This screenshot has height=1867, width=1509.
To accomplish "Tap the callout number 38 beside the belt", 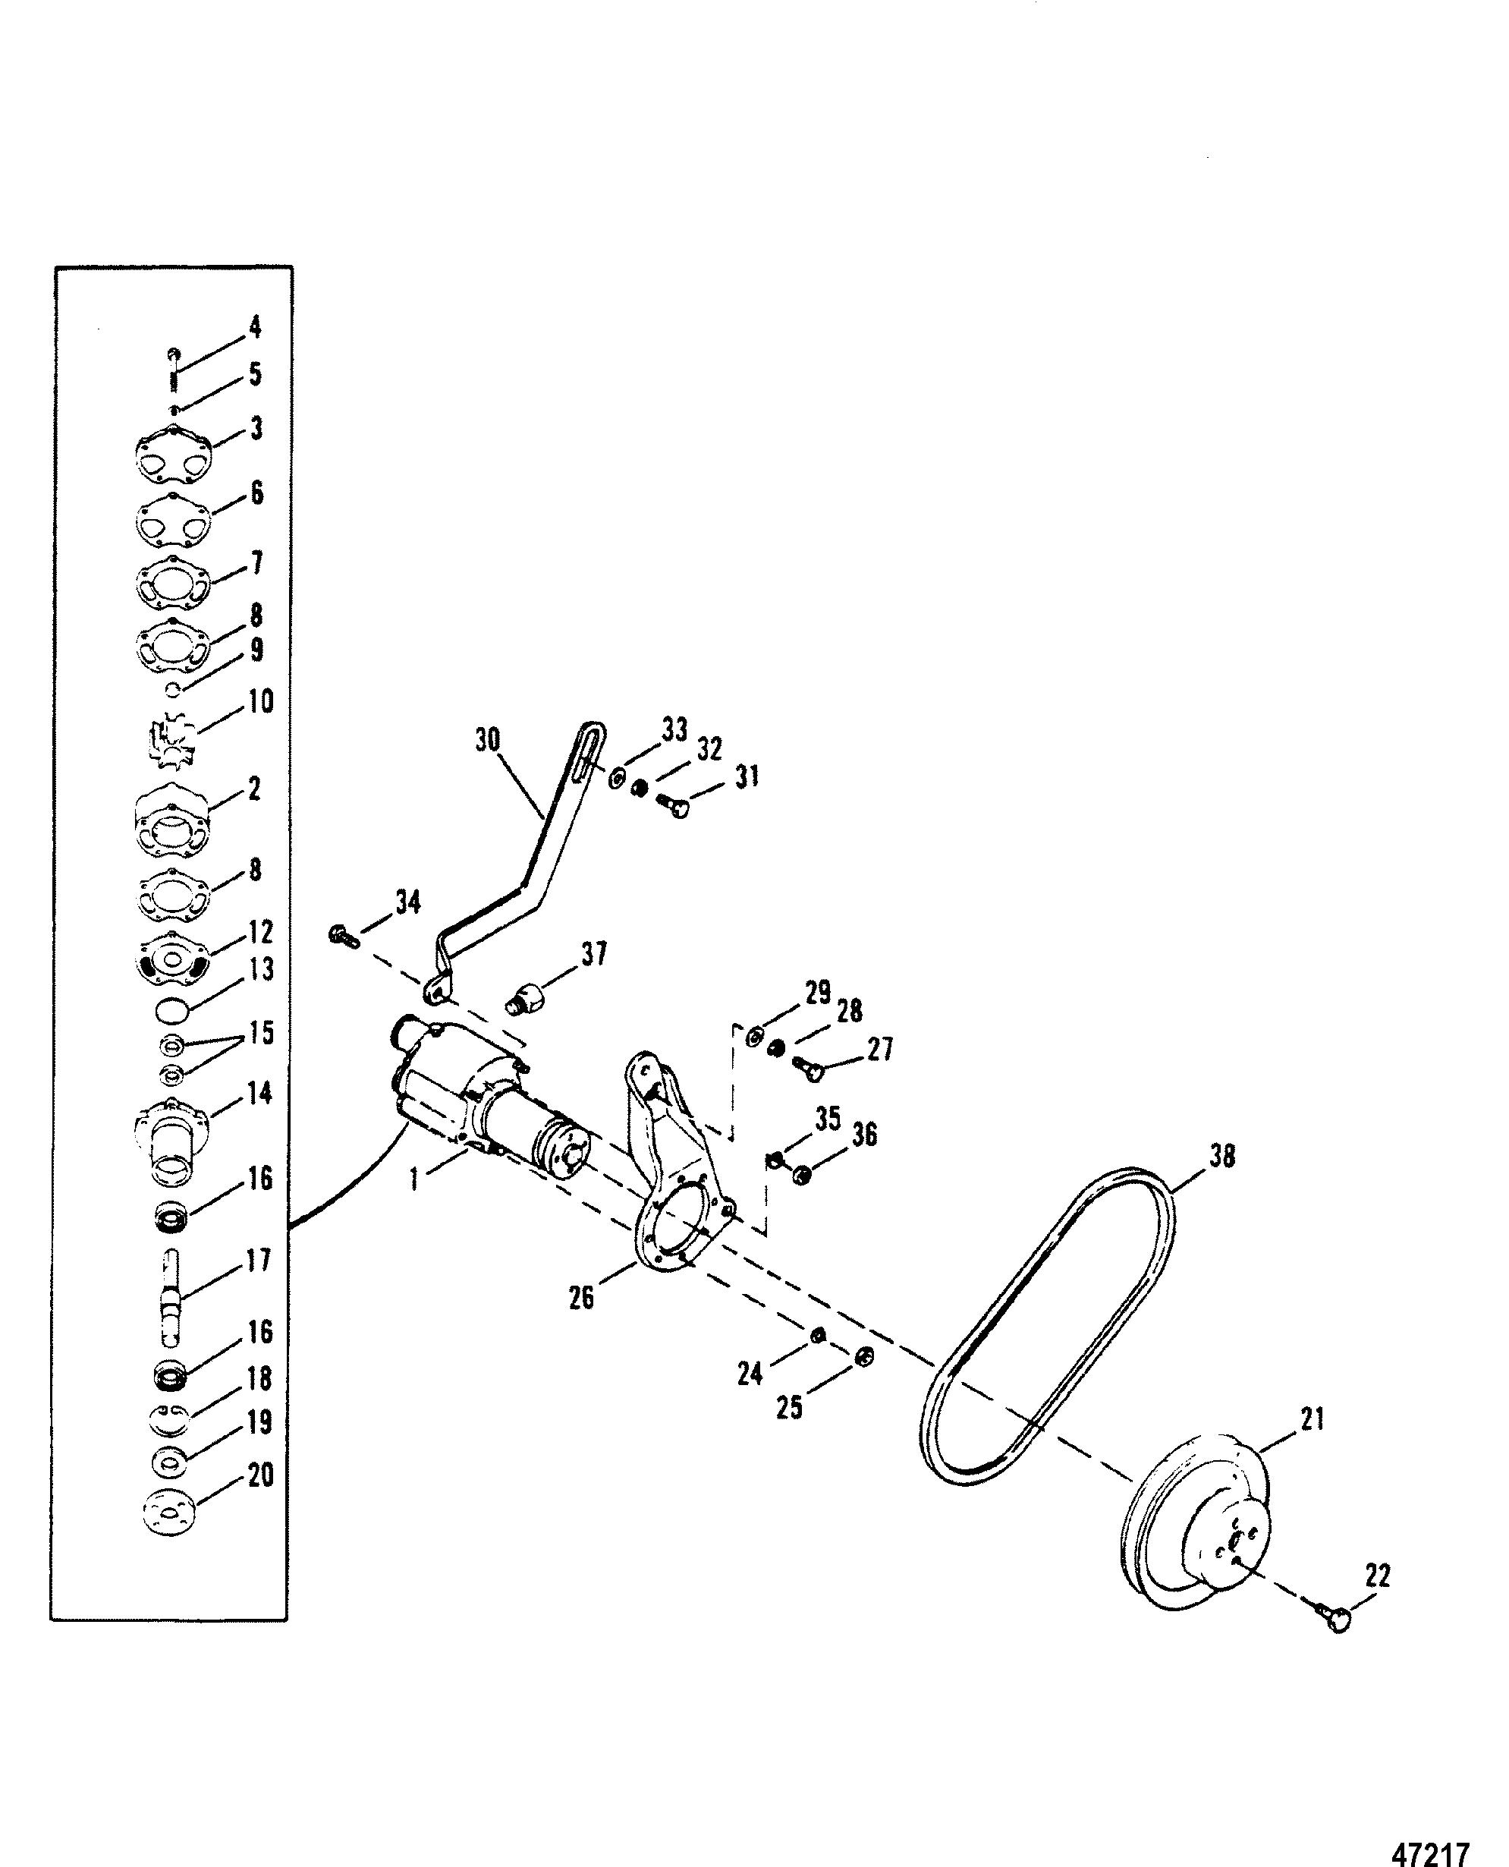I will click(x=1221, y=1157).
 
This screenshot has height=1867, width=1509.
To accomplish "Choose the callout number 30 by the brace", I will click(x=488, y=740).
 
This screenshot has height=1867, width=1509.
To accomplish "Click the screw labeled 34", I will click(x=344, y=937).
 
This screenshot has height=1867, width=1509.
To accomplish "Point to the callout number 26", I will click(x=580, y=1298).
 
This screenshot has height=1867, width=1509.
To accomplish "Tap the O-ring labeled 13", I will click(x=172, y=1010).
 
